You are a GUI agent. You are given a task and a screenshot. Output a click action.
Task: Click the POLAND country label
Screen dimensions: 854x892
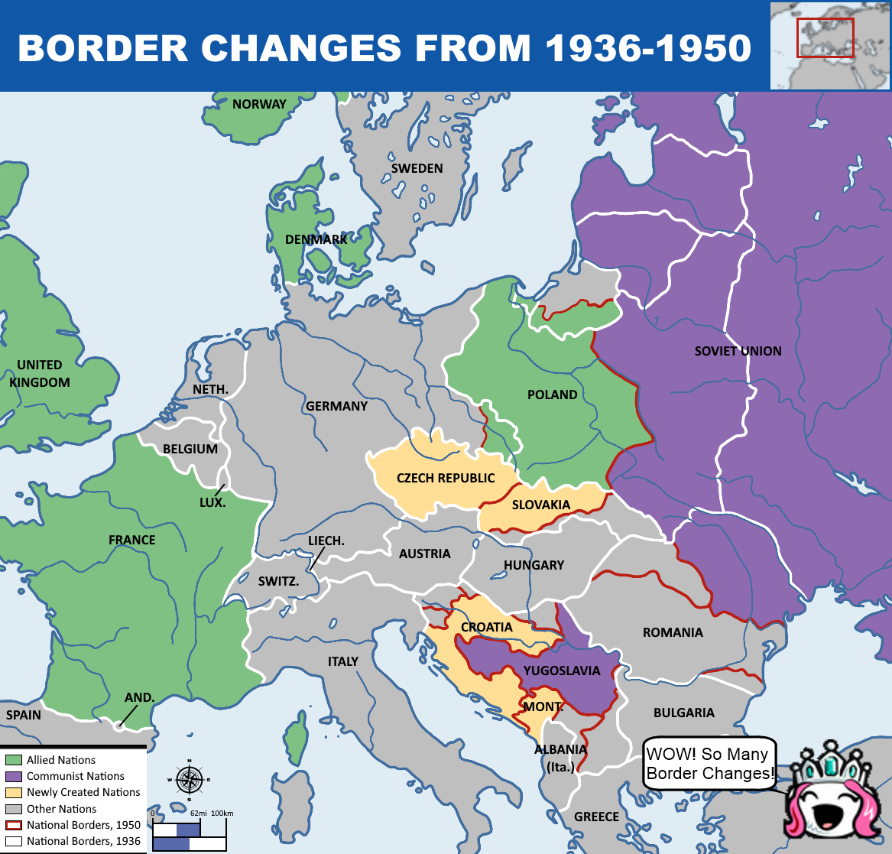pyautogui.click(x=552, y=395)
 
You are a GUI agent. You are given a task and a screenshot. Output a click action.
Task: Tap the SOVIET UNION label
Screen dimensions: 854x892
pyautogui.click(x=738, y=351)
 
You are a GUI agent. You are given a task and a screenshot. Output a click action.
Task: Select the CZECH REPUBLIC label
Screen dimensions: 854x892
pyautogui.click(x=446, y=478)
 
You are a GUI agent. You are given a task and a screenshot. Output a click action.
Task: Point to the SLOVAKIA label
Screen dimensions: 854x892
pyautogui.click(x=541, y=505)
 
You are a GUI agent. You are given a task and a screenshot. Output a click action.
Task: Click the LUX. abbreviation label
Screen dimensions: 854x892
pyautogui.click(x=212, y=502)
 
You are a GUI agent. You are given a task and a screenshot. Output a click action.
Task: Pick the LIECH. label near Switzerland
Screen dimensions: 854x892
pyautogui.click(x=326, y=541)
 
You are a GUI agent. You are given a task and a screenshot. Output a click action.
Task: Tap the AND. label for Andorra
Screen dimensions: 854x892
pyautogui.click(x=140, y=697)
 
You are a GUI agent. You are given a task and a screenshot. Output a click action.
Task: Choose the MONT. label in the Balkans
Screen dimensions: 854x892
pyautogui.click(x=543, y=706)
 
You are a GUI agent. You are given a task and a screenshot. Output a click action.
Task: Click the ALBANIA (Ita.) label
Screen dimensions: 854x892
pyautogui.click(x=560, y=758)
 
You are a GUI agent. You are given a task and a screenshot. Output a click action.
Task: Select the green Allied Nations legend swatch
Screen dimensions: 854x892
pyautogui.click(x=13, y=760)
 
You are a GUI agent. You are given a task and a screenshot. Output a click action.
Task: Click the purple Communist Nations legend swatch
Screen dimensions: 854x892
pyautogui.click(x=13, y=776)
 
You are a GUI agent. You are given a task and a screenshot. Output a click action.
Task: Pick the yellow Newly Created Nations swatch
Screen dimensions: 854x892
pyautogui.click(x=13, y=792)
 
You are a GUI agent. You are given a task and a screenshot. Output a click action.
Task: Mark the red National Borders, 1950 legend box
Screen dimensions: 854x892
pyautogui.click(x=13, y=825)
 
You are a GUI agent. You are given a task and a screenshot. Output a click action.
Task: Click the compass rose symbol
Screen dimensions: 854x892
pyautogui.click(x=188, y=779)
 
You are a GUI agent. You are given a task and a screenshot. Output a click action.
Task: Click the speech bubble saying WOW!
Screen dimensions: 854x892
pyautogui.click(x=709, y=764)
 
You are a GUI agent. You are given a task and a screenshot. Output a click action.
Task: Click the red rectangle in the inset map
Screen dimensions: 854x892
pyautogui.click(x=825, y=37)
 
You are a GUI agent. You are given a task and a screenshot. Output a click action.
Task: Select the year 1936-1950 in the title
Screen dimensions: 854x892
pyautogui.click(x=647, y=48)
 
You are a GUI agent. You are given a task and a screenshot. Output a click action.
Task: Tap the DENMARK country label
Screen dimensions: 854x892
pyautogui.click(x=316, y=239)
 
